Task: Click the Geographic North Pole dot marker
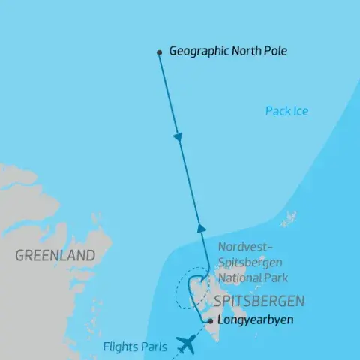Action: (x=159, y=52)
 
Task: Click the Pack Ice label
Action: (x=286, y=112)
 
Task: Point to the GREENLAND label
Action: (x=55, y=256)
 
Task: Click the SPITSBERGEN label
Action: (x=259, y=301)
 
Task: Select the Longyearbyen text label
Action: (x=254, y=321)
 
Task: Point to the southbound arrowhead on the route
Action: (x=178, y=138)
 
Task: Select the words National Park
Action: (x=251, y=278)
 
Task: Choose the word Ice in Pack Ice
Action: (x=300, y=112)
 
